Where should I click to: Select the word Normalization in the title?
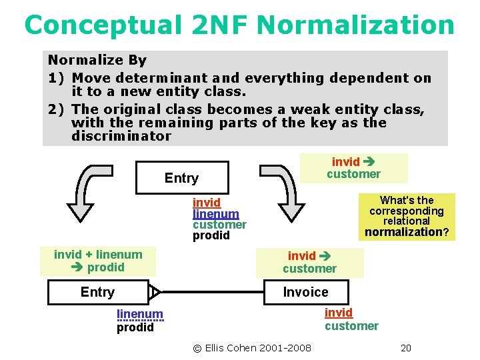[x=355, y=25]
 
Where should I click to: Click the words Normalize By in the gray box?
[x=97, y=60]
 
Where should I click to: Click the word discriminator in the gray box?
[x=121, y=136]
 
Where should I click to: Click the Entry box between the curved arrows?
[x=181, y=178]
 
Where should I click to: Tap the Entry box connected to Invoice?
[x=97, y=292]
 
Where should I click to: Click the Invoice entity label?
[x=305, y=292]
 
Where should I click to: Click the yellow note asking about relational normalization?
[x=406, y=216]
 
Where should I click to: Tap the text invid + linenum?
[x=98, y=255]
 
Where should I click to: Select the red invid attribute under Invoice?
[x=338, y=313]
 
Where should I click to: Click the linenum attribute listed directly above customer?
[x=215, y=214]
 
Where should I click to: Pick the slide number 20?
[x=405, y=347]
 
